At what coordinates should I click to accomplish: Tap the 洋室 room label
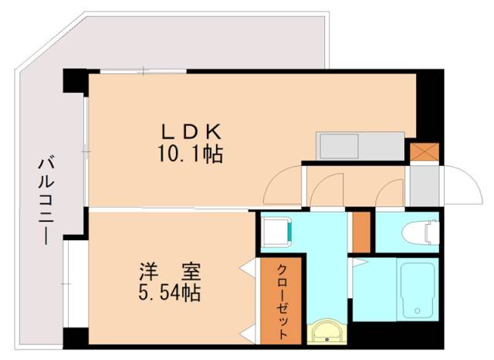coord(171,272)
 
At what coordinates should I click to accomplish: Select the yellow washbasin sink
coord(329,333)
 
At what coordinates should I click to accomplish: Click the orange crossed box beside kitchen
coord(424,151)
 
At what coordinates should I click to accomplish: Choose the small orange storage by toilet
coord(361,232)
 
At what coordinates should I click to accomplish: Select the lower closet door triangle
coord(249,334)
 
